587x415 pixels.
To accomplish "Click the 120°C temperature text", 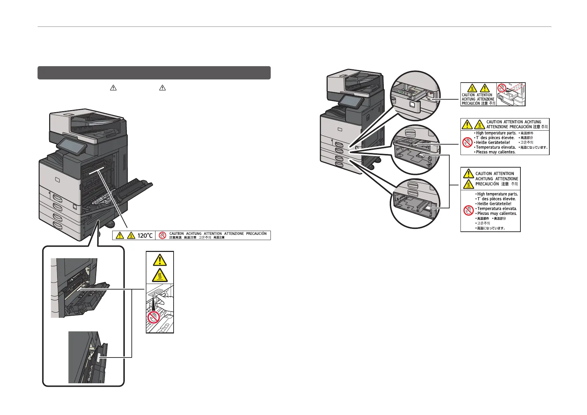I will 145,236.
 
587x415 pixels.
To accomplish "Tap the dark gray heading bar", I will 154,73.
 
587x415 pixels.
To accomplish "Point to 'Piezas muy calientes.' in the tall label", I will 497,213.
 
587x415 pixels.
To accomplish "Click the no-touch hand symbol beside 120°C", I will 162,236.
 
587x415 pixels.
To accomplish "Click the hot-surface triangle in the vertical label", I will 160,275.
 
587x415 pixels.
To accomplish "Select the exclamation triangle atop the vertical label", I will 160,259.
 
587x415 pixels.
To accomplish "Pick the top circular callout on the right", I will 416,96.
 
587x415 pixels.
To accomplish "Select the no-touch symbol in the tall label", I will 468,210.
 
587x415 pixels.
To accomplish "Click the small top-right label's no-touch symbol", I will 502,89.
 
